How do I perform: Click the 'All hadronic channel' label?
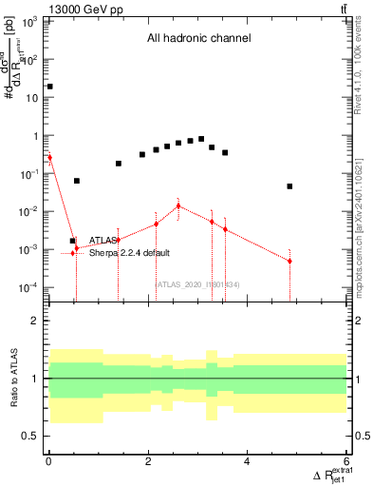pos(197,39)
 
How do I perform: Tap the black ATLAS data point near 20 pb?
pos(49,87)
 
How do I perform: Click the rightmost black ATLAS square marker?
pos(289,186)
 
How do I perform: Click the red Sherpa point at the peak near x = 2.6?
pos(178,205)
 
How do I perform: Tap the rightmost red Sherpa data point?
pos(289,261)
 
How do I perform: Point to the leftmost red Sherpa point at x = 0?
pos(49,158)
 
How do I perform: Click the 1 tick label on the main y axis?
pos(36,136)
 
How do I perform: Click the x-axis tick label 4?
pos(247,463)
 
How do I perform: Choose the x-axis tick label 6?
pos(346,463)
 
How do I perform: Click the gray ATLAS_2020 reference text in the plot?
pos(196,284)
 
